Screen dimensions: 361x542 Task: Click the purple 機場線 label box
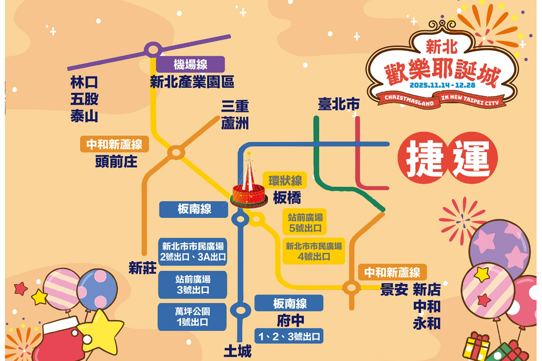pyautogui.click(x=190, y=64)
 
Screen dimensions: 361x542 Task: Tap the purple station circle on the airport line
pyautogui.click(x=154, y=49)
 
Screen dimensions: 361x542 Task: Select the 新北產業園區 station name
pyautogui.click(x=192, y=82)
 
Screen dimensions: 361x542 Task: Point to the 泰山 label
pyautogui.click(x=84, y=116)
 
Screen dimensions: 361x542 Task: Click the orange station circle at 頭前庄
pyautogui.click(x=175, y=152)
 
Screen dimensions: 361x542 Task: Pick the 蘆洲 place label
pyautogui.click(x=235, y=123)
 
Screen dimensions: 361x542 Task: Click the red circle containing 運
pyautogui.click(x=472, y=161)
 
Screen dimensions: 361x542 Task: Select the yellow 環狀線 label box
pyautogui.click(x=285, y=181)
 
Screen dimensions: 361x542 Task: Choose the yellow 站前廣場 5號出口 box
pyautogui.click(x=305, y=222)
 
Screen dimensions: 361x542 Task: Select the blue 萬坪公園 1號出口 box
pyautogui.click(x=192, y=316)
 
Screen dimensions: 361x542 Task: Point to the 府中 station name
pyautogui.click(x=290, y=321)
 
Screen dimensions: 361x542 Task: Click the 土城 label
pyautogui.click(x=238, y=351)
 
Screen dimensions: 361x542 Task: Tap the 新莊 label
pyautogui.click(x=143, y=268)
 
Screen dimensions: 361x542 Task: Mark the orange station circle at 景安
pyautogui.click(x=350, y=287)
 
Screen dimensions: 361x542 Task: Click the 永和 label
pyautogui.click(x=427, y=323)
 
